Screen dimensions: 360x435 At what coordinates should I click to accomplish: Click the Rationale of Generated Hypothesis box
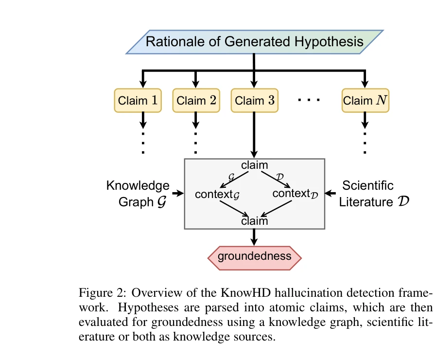click(255, 41)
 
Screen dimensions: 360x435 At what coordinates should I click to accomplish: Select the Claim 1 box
click(138, 101)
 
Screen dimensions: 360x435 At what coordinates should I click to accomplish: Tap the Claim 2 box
click(196, 101)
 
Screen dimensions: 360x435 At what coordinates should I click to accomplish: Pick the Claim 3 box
click(254, 101)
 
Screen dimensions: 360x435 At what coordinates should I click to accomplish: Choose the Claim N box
click(365, 101)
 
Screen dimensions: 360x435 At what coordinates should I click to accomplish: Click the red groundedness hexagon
click(254, 256)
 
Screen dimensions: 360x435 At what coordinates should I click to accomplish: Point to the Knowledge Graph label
click(139, 194)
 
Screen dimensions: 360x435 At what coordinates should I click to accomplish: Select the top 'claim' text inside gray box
click(254, 165)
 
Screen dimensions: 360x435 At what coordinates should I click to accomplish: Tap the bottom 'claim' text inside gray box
click(254, 221)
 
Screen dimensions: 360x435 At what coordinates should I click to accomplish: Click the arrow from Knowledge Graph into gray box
click(177, 194)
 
